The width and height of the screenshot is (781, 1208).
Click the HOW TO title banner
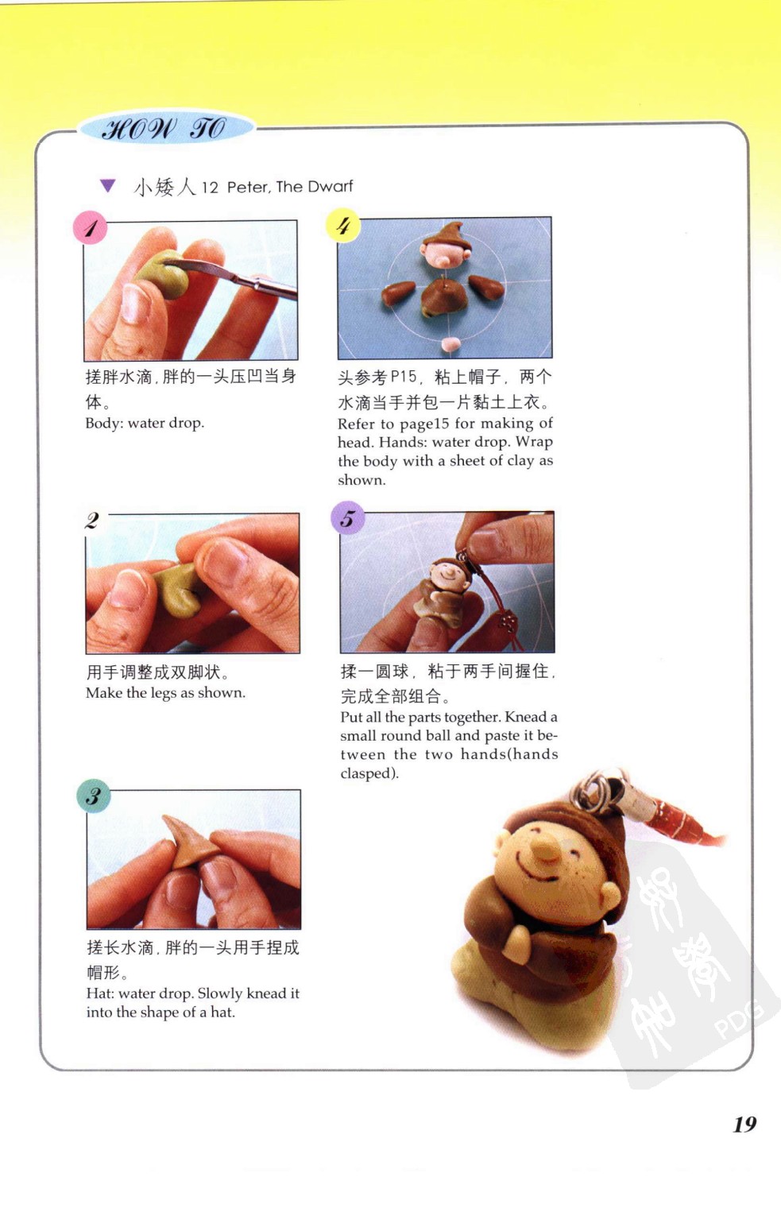(x=166, y=129)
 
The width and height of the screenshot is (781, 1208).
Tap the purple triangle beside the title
(x=108, y=185)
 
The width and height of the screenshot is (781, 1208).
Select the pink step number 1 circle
(x=90, y=227)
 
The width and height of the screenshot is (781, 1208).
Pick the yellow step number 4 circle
(x=342, y=225)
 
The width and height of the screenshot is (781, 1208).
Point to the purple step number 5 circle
(x=348, y=517)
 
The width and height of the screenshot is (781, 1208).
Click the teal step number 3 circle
(x=94, y=796)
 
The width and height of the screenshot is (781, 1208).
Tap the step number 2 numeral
(x=92, y=521)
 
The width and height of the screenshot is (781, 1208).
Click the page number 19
(x=745, y=1125)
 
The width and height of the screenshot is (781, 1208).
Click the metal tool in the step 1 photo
(x=232, y=277)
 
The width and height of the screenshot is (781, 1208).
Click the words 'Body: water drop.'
(x=145, y=423)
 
